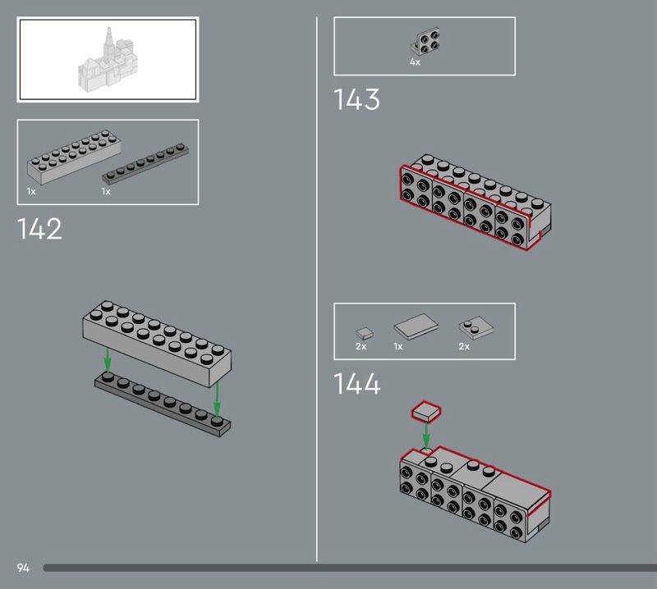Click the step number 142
pyautogui.click(x=39, y=229)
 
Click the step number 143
pyautogui.click(x=356, y=99)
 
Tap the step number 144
pyautogui.click(x=357, y=383)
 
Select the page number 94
pyautogui.click(x=23, y=568)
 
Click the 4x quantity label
pyautogui.click(x=415, y=62)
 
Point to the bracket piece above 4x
pyautogui.click(x=425, y=41)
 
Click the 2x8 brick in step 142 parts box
pyautogui.click(x=74, y=157)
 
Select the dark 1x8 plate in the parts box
pyautogui.click(x=145, y=164)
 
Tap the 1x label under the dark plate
pyautogui.click(x=106, y=192)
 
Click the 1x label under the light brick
pyautogui.click(x=31, y=192)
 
